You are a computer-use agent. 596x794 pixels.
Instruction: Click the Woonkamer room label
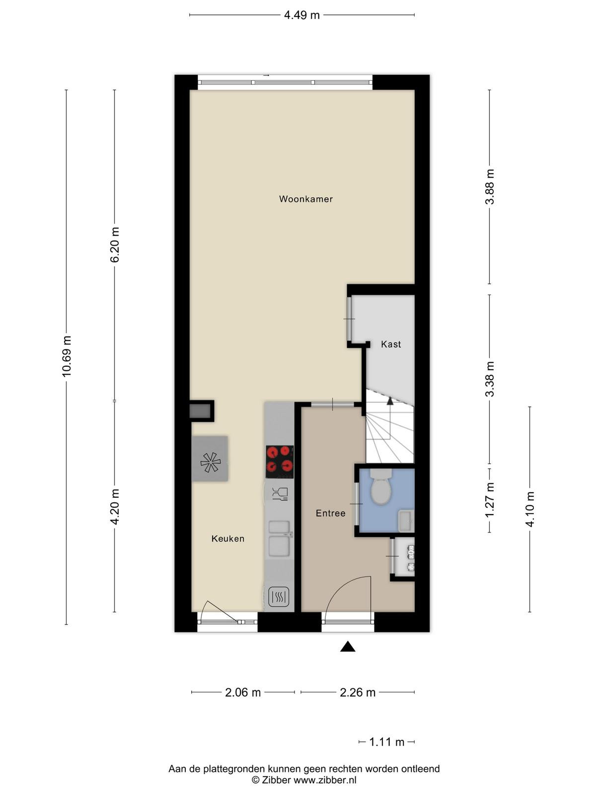[306, 199]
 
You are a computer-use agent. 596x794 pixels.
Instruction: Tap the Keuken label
[228, 538]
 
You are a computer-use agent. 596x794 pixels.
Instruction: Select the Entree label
[330, 513]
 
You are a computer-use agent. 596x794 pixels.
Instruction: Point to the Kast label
[391, 344]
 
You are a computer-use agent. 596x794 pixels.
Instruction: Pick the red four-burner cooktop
[280, 463]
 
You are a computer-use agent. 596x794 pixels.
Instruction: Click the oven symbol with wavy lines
[279, 596]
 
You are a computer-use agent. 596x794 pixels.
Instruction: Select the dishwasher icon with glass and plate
[280, 493]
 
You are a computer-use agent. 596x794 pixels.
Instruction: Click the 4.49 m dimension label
[302, 15]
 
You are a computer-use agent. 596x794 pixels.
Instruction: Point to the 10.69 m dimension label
[67, 356]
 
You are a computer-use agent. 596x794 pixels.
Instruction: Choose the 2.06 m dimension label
[243, 692]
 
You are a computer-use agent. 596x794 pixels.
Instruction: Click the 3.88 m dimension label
[490, 187]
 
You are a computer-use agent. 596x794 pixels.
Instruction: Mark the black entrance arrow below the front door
[347, 647]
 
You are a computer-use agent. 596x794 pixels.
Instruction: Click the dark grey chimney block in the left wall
[201, 411]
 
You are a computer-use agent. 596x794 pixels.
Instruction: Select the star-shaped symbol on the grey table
[210, 463]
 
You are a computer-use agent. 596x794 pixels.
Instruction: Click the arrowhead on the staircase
[390, 400]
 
